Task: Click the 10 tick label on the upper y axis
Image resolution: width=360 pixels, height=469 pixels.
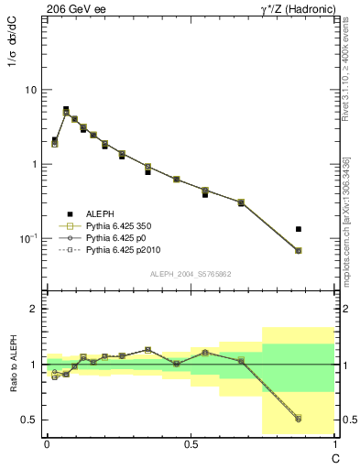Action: pos(30,91)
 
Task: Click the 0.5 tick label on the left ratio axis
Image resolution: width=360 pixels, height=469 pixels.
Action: pos(29,420)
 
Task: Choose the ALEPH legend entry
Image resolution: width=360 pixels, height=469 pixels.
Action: pos(99,213)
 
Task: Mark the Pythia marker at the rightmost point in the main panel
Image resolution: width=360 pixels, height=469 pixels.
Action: pos(299,250)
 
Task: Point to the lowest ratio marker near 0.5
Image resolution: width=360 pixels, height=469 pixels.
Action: pos(299,419)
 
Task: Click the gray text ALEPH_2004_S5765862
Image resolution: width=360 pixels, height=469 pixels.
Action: pos(191,274)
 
